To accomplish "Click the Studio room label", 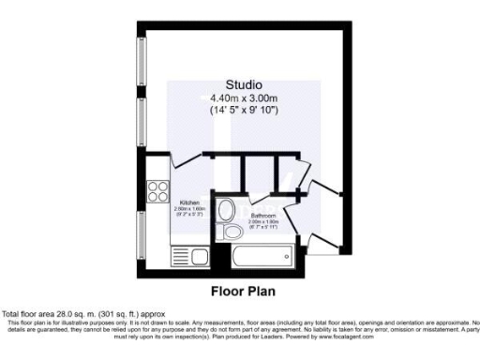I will click(243, 84).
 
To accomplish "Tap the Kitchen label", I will click(187, 202).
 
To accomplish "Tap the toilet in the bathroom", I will click(229, 232).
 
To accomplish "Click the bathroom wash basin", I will click(230, 210).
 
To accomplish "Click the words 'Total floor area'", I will click(28, 313).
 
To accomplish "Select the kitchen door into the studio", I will click(192, 157).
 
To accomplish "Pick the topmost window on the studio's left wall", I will click(142, 66).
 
